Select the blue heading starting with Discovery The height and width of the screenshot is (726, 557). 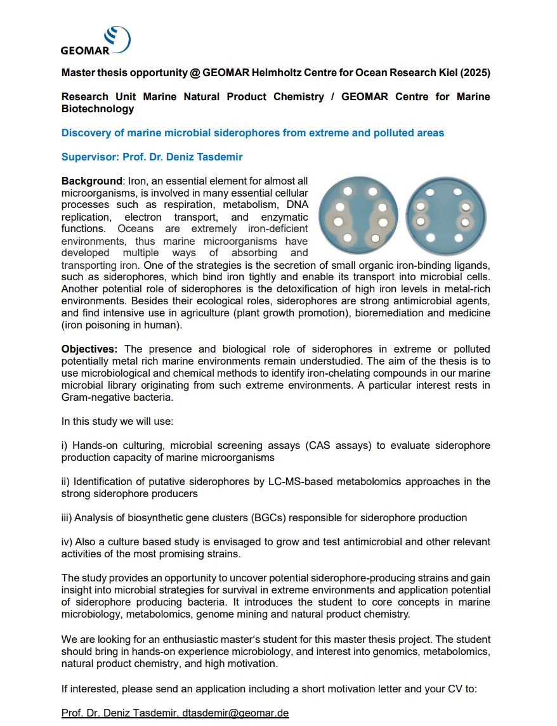(252, 133)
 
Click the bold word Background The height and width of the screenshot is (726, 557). (91, 181)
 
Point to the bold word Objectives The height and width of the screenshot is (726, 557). (89, 349)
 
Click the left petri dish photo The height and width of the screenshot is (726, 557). (359, 215)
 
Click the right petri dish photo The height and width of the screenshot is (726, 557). (447, 215)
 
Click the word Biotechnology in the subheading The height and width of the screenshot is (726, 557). (98, 108)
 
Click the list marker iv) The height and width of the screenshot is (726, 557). (68, 541)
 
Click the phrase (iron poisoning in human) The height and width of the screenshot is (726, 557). (122, 325)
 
